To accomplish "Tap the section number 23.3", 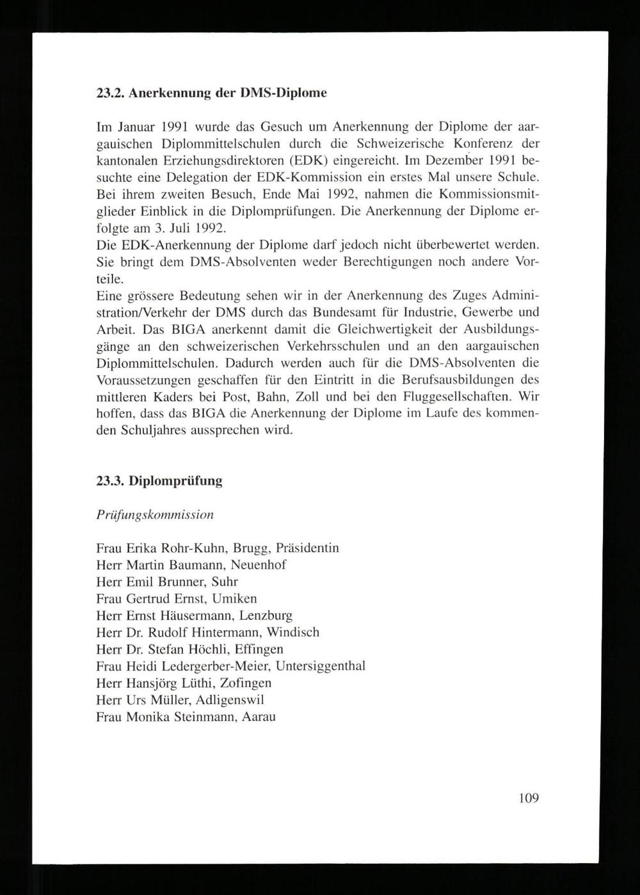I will click(110, 481).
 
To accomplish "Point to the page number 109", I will click(529, 798).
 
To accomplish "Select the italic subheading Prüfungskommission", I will click(155, 514).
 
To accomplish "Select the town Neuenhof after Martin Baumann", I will click(259, 565).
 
